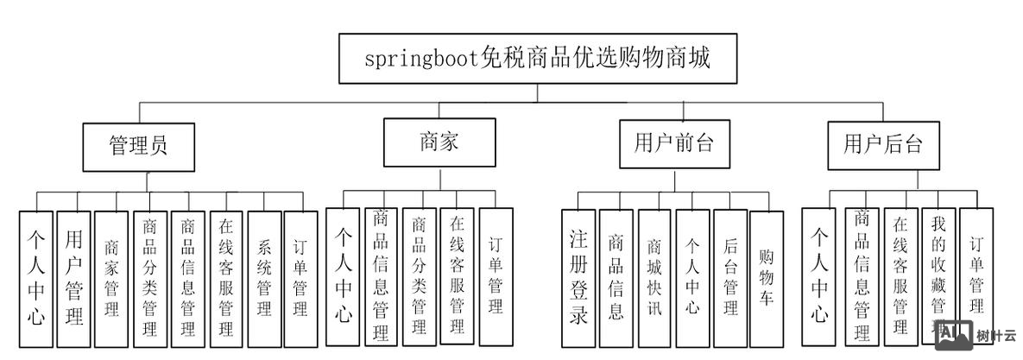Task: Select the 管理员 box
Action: (x=138, y=145)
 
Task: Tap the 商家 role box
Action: (x=439, y=142)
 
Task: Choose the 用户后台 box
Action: (x=883, y=144)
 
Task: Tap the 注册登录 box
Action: (x=578, y=276)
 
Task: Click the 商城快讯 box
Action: (x=654, y=276)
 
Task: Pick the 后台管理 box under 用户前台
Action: (x=730, y=276)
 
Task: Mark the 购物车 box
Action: (x=766, y=276)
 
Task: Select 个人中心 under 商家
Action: (x=343, y=276)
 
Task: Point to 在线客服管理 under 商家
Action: (x=457, y=275)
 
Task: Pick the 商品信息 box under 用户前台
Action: (x=616, y=276)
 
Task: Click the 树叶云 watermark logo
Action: (x=976, y=335)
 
